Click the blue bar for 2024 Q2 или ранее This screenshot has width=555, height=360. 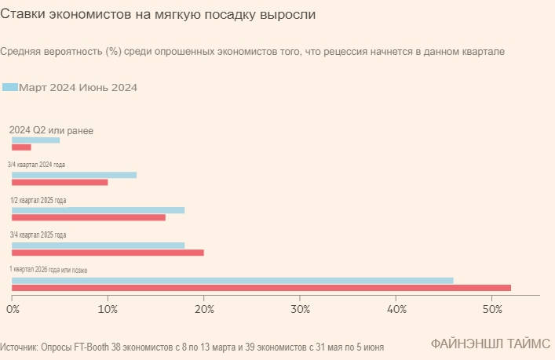(35, 140)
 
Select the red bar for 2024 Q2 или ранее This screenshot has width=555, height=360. (21, 147)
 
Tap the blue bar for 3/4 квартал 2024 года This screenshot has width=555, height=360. (74, 174)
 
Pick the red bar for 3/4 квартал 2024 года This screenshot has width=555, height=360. (60, 182)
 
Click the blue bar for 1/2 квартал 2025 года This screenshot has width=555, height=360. (98, 210)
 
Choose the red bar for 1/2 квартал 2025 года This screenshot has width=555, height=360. (89, 217)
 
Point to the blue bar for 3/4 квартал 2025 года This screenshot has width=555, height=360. (98, 245)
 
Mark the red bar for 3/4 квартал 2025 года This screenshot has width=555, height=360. (108, 253)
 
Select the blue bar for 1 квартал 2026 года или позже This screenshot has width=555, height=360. (232, 280)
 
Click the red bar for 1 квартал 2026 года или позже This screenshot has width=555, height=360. (261, 288)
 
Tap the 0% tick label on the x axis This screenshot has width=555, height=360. (13, 309)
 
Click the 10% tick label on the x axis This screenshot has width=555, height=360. (108, 309)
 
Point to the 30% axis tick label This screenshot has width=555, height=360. (300, 309)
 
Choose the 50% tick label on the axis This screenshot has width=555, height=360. (491, 309)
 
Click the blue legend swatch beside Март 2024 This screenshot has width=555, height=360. (10, 87)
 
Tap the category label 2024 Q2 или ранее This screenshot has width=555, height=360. (51, 129)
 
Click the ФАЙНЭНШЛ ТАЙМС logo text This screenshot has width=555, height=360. (490, 344)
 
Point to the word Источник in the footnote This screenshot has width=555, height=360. (19, 346)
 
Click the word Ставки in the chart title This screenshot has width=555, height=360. (21, 15)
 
